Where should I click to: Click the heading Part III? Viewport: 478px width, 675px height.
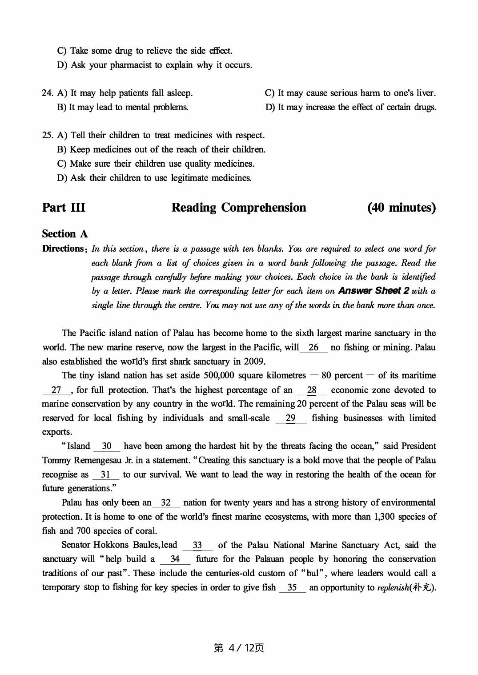pos(64,208)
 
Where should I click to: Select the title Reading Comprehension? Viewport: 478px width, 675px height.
pos(239,208)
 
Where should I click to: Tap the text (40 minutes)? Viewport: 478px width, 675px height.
pos(402,208)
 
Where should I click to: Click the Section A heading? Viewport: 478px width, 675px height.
pos(65,234)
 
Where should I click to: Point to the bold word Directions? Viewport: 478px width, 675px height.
pos(63,249)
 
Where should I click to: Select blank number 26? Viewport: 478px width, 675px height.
pos(313,347)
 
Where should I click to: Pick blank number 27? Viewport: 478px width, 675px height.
pos(56,390)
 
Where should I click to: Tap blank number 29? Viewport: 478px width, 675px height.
pos(290,418)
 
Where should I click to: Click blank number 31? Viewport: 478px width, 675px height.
pos(105,474)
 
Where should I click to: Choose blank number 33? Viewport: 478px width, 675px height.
pos(197,545)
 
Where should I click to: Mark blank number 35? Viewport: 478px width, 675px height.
pos(292,587)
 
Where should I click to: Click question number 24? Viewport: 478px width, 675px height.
pos(48,93)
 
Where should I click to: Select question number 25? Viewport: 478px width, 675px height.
pos(48,135)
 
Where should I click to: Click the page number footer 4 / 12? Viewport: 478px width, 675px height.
pos(239,648)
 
